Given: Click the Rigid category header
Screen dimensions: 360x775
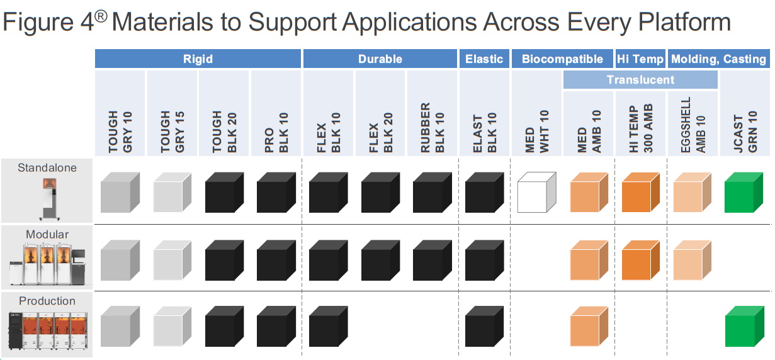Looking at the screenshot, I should pos(198,59).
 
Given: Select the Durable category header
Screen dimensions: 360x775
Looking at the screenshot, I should pos(380,59).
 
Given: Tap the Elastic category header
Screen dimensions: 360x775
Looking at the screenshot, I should pos(484,59).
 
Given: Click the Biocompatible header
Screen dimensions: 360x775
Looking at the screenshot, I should pos(562,59).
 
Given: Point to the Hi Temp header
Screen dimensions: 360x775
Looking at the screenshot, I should pos(640,59).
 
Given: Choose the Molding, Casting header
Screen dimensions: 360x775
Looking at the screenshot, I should pos(718,59).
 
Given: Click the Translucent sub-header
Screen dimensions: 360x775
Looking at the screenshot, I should pos(640,80).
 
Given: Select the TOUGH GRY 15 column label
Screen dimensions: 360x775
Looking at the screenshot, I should pos(171,132).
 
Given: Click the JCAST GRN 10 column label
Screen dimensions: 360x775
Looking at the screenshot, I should pos(745,133).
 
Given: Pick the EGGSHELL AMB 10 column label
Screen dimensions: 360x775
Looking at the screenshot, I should pos(693,125).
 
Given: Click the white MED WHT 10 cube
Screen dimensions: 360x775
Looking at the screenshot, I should pos(535,194).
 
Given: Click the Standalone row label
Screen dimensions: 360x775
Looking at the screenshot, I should pos(47,168).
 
